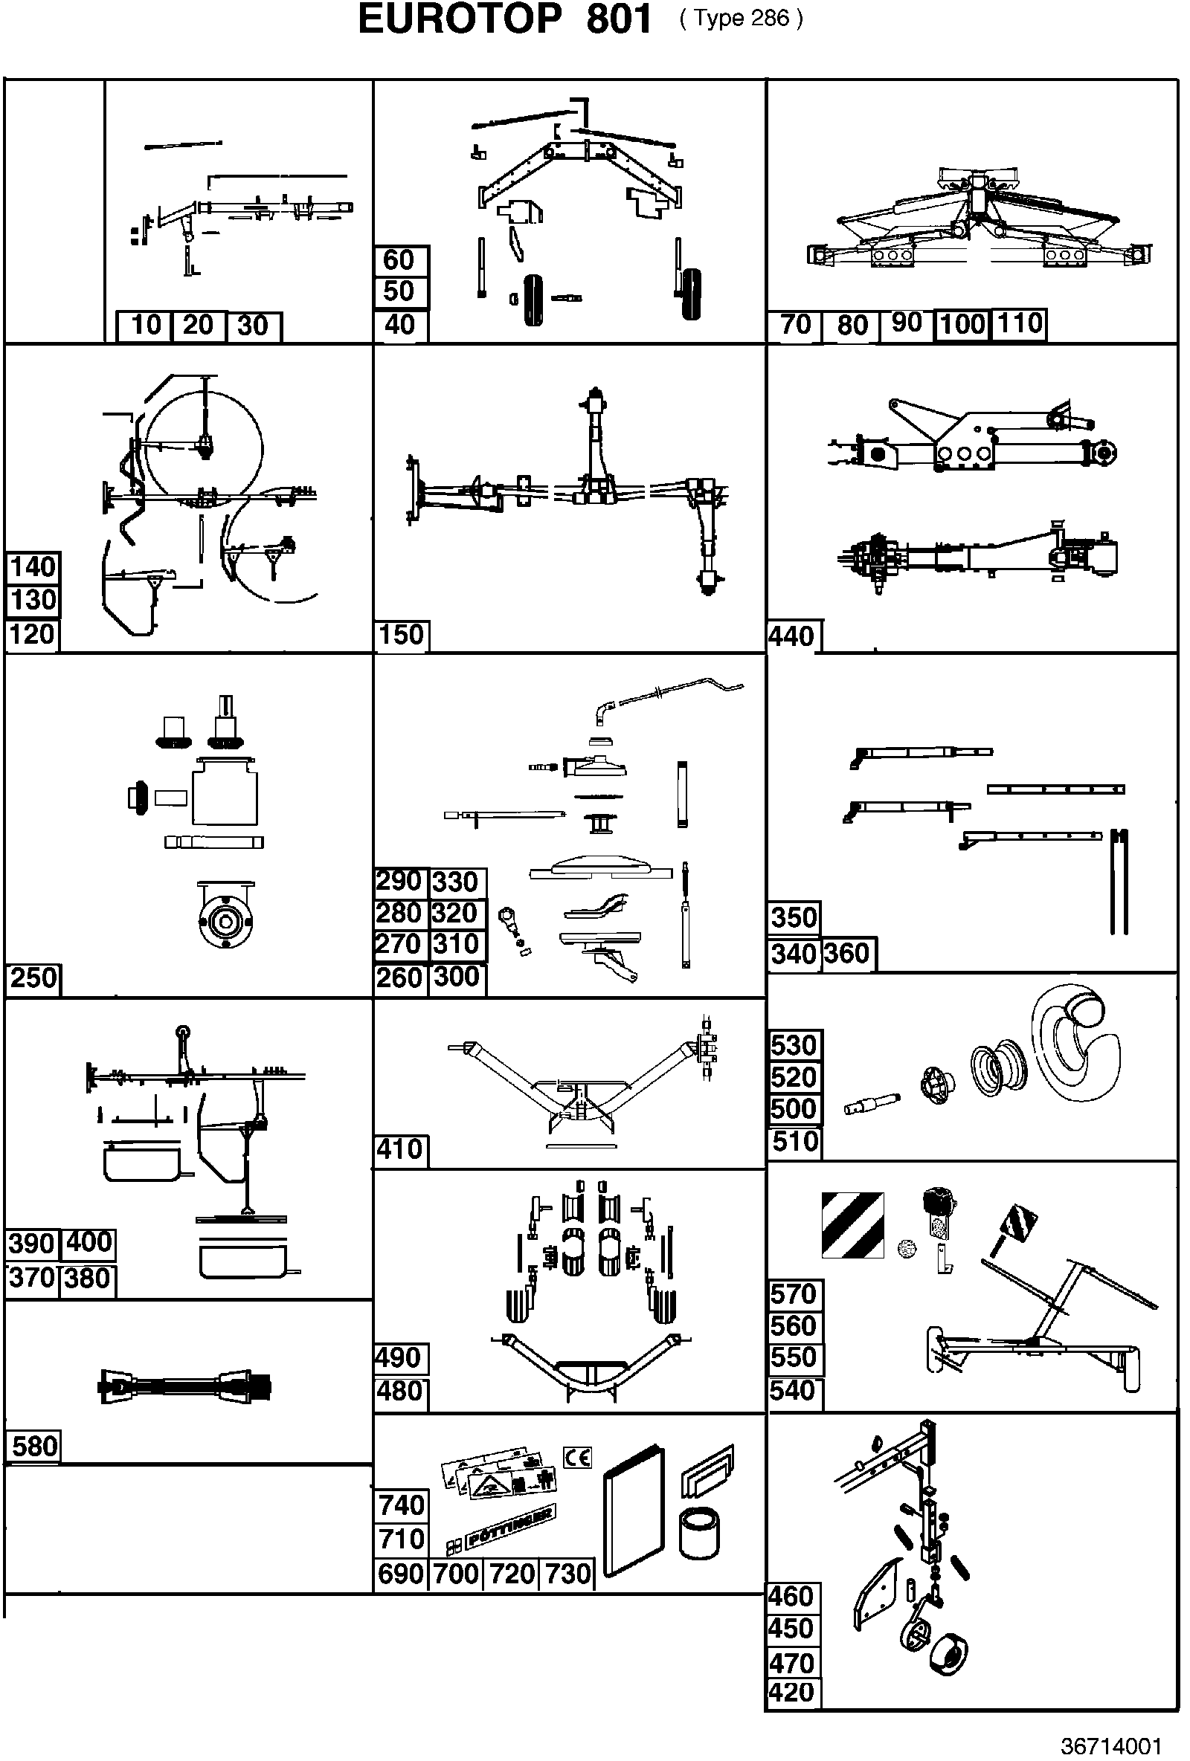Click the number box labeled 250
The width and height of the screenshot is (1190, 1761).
pyautogui.click(x=34, y=978)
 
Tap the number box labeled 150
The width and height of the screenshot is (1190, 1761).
pyautogui.click(x=402, y=635)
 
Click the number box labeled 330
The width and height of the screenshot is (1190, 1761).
pyautogui.click(x=457, y=882)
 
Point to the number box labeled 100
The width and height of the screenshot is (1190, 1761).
pyautogui.click(x=962, y=324)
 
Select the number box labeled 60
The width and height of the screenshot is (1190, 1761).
pyautogui.click(x=400, y=261)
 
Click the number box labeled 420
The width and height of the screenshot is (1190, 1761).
pyautogui.click(x=792, y=1691)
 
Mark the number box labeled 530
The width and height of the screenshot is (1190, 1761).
pyautogui.click(x=794, y=1046)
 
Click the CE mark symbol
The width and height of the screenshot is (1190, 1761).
pyautogui.click(x=577, y=1457)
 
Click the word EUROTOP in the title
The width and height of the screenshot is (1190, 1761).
pyautogui.click(x=460, y=20)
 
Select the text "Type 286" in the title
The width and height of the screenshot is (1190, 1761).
pyautogui.click(x=742, y=18)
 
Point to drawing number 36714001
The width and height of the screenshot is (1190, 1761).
pyautogui.click(x=1110, y=1745)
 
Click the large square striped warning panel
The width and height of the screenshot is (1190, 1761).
pyautogui.click(x=852, y=1225)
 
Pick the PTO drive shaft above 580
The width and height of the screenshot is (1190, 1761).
pyautogui.click(x=184, y=1386)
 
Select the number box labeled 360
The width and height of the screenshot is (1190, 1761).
pyautogui.click(x=848, y=954)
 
